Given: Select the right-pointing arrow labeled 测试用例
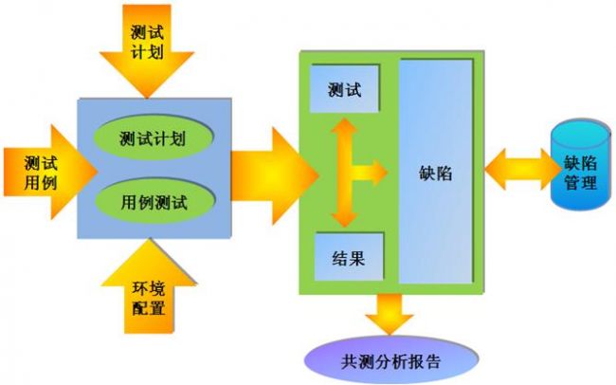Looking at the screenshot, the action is (x=50, y=172).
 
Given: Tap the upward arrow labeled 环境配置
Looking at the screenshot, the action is (x=149, y=286).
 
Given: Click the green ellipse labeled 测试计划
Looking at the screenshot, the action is (x=153, y=137).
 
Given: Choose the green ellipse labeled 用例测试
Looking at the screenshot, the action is (x=154, y=201).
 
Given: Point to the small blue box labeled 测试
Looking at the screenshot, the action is (x=345, y=89).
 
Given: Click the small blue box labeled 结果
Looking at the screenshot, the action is (x=349, y=257).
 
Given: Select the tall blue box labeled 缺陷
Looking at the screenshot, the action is (x=436, y=171).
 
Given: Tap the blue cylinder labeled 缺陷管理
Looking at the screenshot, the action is (x=580, y=164).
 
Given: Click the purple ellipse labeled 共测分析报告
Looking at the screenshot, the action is (x=391, y=360).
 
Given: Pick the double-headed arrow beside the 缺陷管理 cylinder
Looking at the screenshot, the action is (x=522, y=169).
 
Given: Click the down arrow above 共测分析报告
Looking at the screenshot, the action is (x=390, y=314).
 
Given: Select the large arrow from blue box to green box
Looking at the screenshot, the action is (x=275, y=175).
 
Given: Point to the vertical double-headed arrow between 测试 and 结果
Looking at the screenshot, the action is (x=345, y=173).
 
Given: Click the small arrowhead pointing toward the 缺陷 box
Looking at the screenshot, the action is (x=378, y=173).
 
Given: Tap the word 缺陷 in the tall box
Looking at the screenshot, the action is (x=436, y=173).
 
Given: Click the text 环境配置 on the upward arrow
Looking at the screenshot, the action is (x=148, y=298).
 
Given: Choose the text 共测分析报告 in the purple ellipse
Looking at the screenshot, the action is (x=391, y=361).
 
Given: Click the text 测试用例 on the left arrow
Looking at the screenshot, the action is (x=41, y=173).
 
